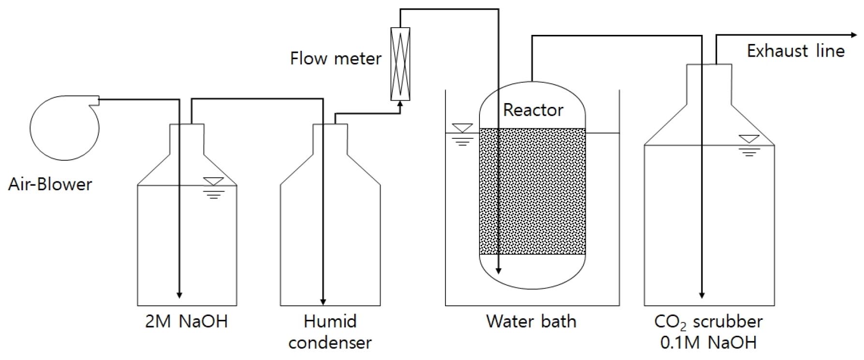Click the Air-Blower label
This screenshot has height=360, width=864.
point(50,184)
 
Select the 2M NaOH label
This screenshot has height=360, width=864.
point(186,322)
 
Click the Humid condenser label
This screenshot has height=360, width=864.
point(330,332)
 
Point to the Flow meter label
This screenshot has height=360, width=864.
point(336,59)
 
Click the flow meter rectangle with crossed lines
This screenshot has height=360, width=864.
point(400,64)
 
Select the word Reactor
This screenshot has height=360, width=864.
point(533,110)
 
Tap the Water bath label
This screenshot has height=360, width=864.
point(531,321)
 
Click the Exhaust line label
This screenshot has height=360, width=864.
point(795,51)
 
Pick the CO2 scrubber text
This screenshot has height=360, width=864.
point(708,322)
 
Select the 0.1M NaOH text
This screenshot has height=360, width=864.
point(708,343)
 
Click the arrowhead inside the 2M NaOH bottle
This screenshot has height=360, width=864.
point(179,295)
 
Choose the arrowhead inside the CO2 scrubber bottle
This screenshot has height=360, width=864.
point(701,294)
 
